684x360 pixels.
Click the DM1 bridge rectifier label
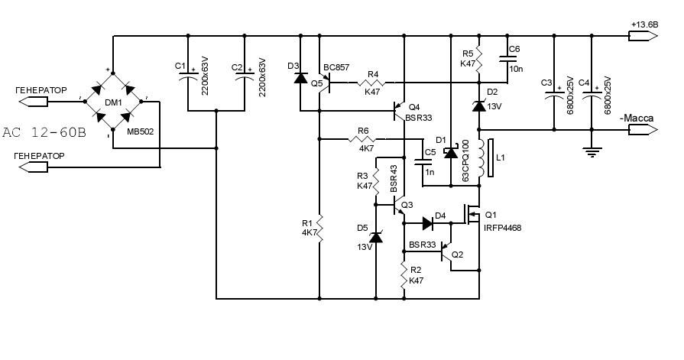click(x=113, y=102)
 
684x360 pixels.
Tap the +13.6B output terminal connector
click(x=643, y=36)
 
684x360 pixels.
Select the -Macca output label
click(x=637, y=118)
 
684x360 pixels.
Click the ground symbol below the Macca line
click(x=592, y=152)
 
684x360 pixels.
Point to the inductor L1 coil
click(x=481, y=158)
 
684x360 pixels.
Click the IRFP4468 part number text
click(x=503, y=228)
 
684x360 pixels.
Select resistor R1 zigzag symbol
click(x=319, y=228)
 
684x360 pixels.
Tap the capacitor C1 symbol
click(x=188, y=76)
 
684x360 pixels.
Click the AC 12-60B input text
click(x=44, y=133)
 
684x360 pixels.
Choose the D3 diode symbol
click(x=300, y=78)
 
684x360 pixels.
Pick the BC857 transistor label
click(x=336, y=67)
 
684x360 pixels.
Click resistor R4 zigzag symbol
click(x=372, y=82)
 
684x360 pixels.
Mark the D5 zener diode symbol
click(x=376, y=237)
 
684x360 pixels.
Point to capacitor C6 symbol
click(x=507, y=59)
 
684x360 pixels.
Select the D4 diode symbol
click(x=427, y=223)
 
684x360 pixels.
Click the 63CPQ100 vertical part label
click(x=465, y=161)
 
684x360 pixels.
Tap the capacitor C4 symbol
click(x=592, y=96)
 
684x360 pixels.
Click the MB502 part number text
click(x=141, y=131)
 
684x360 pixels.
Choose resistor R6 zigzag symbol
click(x=362, y=139)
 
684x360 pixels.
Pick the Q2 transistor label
click(x=457, y=255)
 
